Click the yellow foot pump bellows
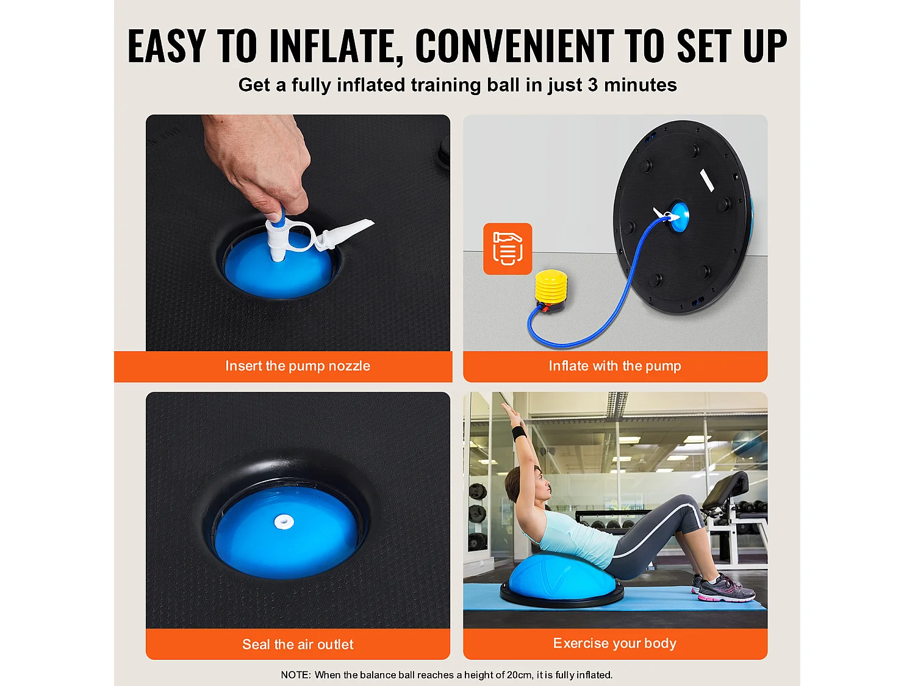551,286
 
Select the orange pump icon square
508,249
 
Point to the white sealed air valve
284,521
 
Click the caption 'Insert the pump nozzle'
298,366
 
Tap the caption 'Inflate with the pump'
615,366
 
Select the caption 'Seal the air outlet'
298,645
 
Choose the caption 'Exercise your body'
614,643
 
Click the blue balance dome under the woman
562,577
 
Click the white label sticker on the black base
706,180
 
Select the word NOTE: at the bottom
296,675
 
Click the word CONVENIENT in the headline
514,46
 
